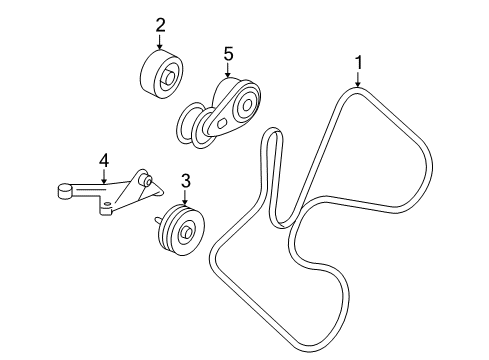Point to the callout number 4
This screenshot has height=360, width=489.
click(102, 158)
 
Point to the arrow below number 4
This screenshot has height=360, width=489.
click(102, 174)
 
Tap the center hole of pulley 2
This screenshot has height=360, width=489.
click(169, 76)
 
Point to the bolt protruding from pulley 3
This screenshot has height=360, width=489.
click(158, 220)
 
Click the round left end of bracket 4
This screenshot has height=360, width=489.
click(63, 187)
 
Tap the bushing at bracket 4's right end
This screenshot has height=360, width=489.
click(147, 181)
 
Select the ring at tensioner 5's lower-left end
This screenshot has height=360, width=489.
click(190, 129)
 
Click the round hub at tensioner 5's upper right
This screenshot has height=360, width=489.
click(247, 101)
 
